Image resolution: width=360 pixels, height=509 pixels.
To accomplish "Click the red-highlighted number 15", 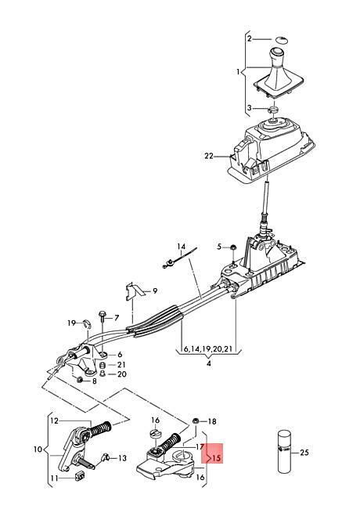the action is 217,458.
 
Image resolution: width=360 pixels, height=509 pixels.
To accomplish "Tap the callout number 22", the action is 209,156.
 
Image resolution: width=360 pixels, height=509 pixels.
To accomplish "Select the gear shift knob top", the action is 278,52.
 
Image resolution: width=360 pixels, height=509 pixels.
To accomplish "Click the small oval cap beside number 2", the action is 282,40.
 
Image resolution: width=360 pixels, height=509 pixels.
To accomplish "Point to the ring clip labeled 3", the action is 274,109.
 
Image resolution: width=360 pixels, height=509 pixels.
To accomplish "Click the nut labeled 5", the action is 233,247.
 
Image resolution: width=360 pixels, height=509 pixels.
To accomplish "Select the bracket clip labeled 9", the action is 134,291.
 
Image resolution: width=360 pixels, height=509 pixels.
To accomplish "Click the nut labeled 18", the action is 196,421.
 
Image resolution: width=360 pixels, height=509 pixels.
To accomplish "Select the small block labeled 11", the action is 80,476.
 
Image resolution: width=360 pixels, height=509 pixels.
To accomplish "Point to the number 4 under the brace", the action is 208,363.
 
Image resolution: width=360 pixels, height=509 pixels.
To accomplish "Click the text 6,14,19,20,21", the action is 208,349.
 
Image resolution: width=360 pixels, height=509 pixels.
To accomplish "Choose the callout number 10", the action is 38,449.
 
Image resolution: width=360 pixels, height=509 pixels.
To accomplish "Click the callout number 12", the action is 54,421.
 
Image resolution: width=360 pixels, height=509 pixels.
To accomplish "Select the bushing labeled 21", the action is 103,364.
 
